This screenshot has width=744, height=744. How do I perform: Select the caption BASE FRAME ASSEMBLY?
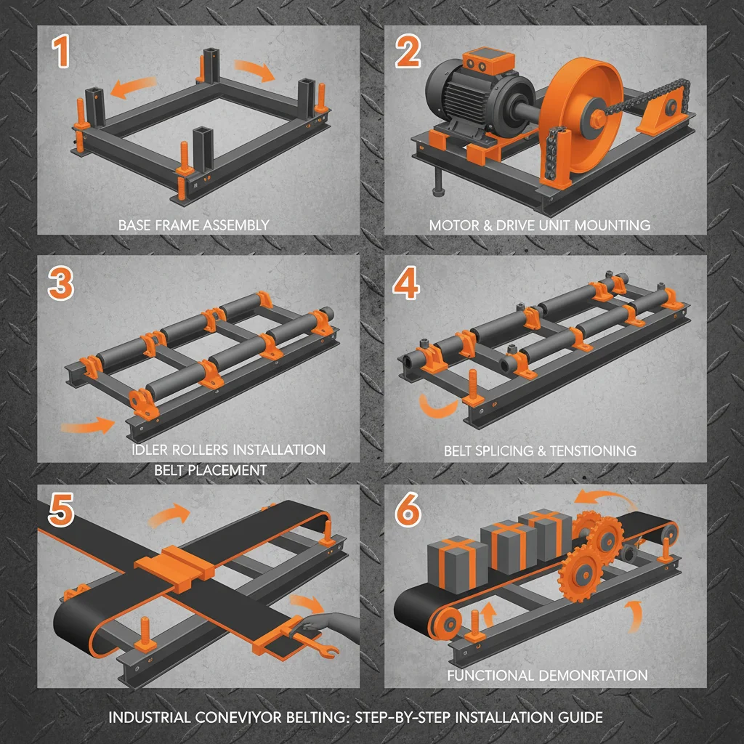click(x=193, y=225)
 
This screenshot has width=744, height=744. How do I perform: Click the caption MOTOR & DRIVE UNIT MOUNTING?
click(x=539, y=225)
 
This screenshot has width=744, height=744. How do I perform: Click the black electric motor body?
click(x=472, y=94)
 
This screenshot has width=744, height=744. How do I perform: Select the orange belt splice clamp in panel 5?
click(x=173, y=565)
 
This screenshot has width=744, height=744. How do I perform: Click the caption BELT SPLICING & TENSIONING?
click(x=540, y=450)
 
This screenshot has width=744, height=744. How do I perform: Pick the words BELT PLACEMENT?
click(x=211, y=470)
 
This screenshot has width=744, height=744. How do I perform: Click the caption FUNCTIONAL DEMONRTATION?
click(x=546, y=676)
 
